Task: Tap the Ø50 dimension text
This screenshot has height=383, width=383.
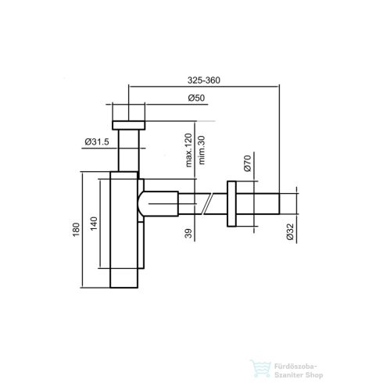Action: (x=198, y=98)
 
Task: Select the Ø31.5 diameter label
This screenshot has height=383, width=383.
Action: (x=96, y=141)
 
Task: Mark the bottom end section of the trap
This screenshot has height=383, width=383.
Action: (x=123, y=281)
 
